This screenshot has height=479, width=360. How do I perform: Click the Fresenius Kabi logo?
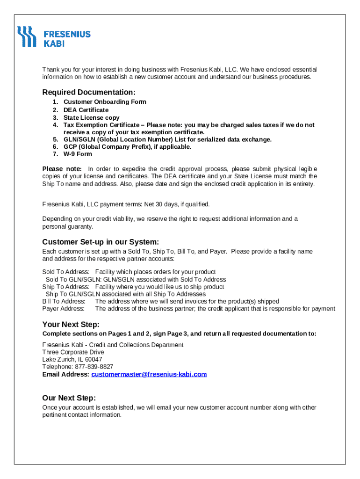click(x=54, y=37)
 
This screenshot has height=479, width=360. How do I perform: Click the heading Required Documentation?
click(x=89, y=92)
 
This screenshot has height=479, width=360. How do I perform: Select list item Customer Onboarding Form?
click(x=105, y=102)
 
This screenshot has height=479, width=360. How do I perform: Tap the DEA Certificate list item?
click(x=86, y=110)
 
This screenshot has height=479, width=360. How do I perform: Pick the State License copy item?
click(x=91, y=118)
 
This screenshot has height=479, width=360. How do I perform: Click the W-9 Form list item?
click(x=78, y=154)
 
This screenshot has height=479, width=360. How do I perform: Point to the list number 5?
click(x=55, y=139)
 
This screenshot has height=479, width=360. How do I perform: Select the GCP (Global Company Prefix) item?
click(x=127, y=147)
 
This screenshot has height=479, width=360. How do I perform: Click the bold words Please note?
click(x=62, y=169)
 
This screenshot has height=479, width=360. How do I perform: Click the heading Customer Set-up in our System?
click(x=101, y=242)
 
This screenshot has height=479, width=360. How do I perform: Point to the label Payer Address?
click(x=64, y=309)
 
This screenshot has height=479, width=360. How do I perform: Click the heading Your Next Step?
click(x=71, y=325)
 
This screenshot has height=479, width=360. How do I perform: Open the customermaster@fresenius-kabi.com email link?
click(x=149, y=374)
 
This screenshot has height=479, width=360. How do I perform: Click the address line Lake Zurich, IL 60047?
click(x=72, y=359)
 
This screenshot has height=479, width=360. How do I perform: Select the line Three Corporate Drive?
click(x=73, y=352)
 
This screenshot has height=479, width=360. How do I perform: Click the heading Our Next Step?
click(x=69, y=398)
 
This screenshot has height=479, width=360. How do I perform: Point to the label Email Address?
click(x=65, y=374)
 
